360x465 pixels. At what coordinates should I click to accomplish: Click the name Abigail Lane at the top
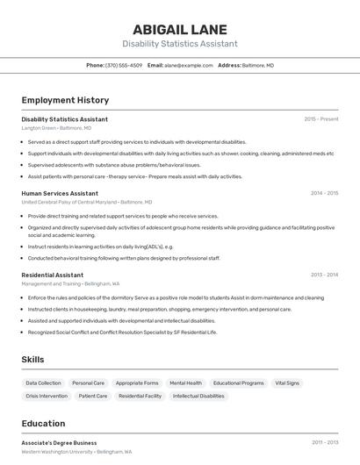tap(179, 29)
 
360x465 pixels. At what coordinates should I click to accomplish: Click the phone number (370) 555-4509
tap(124, 66)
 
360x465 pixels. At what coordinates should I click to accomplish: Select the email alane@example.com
tap(189, 66)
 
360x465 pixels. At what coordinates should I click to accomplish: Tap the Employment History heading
tap(65, 100)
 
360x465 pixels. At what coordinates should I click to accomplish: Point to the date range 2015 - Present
tap(321, 119)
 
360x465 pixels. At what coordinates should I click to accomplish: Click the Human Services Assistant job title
tap(60, 193)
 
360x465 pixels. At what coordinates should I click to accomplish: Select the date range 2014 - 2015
tap(324, 193)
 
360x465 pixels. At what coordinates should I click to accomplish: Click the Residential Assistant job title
tap(53, 275)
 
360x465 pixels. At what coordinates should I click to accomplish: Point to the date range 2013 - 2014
tap(324, 275)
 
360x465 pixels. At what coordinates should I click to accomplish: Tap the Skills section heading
tap(33, 360)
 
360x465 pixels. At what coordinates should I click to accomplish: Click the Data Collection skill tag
tap(44, 383)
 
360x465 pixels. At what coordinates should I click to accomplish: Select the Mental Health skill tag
tap(185, 383)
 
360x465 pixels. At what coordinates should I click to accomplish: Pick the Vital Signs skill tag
tap(287, 383)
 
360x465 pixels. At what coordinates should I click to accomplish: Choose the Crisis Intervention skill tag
tap(47, 396)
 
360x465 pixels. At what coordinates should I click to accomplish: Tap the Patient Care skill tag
tap(93, 396)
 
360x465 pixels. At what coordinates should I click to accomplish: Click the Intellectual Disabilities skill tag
tap(198, 396)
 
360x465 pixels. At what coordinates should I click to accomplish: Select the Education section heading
tap(43, 423)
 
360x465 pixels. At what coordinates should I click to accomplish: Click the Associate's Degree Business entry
tap(60, 443)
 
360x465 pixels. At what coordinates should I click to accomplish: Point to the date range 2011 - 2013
tap(324, 443)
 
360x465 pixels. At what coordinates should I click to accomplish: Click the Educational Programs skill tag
tap(238, 383)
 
